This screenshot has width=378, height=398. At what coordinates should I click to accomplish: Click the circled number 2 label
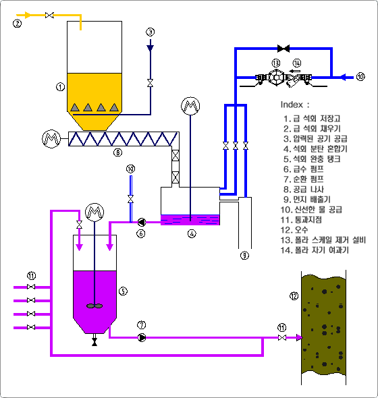coord(18,24)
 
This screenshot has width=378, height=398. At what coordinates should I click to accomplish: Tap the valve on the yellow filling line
coord(49,16)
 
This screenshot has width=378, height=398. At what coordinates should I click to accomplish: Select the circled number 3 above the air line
coord(151,32)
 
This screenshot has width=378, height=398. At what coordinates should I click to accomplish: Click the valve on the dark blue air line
coord(151,83)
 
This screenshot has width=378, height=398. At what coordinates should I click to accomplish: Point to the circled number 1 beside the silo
coord(61,87)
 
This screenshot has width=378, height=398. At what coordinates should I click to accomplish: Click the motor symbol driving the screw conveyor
coord(51,139)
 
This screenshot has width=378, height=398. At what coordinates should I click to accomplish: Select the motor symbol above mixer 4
coord(190,106)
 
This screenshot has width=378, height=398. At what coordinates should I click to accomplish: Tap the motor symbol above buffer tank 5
coord(94,212)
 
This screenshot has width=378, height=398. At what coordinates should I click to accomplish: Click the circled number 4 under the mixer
coord(192,233)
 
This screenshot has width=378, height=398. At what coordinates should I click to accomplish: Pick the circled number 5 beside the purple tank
coord(124,291)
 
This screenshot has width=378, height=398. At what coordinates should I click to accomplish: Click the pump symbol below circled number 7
coord(142,337)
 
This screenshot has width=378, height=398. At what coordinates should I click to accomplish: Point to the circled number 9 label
coord(244,256)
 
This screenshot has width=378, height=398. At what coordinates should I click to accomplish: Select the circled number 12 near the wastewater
coord(294,296)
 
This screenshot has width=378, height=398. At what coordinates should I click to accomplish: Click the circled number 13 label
coord(276,63)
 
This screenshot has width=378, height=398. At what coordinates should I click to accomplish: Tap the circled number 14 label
coord(297,63)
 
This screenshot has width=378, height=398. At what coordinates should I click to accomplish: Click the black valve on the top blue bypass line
coord(283,48)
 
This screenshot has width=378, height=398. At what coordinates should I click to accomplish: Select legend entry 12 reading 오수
coord(294,230)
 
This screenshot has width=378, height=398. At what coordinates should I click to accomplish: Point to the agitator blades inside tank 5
coord(94,306)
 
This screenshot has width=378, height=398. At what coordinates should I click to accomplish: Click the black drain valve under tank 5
coord(94,341)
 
